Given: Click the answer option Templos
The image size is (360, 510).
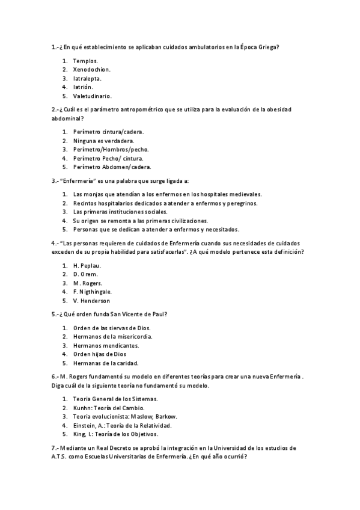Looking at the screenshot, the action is pos(85,61).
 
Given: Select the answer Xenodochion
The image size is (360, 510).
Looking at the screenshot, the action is pos(91,70).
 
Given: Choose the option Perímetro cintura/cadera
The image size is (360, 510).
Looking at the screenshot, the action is pos(108,131).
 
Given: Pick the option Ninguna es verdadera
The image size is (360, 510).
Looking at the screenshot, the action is pos(99,140).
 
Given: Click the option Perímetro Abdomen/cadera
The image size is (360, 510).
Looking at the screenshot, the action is pos(112,167).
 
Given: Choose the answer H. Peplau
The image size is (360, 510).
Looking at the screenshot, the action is pos(87,265).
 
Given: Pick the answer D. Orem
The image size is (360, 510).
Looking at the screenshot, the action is pos(85,274).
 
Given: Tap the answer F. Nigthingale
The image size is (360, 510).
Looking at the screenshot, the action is pos(92,292).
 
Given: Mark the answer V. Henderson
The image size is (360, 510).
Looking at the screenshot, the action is pos(91,301).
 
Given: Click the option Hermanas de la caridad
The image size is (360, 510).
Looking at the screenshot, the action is pos(106,363).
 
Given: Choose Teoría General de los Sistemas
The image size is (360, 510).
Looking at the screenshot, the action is pos(115,399).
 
